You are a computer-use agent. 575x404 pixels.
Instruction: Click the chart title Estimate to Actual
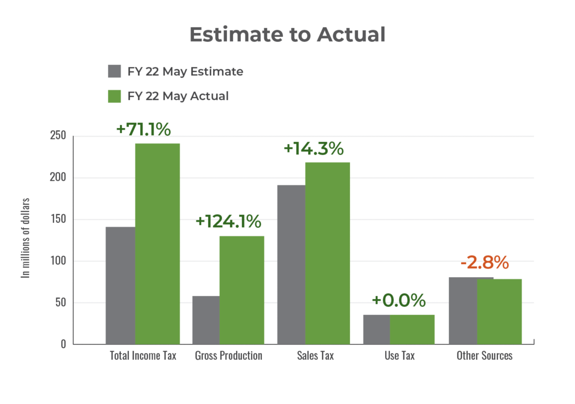coord(287,35)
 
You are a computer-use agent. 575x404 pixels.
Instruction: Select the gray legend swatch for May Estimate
coord(115,71)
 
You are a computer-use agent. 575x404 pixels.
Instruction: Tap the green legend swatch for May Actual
coord(115,96)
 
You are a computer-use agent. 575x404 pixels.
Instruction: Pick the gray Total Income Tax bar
coord(120,285)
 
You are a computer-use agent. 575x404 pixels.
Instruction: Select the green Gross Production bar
coord(242,290)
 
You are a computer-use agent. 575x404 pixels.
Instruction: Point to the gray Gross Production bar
coord(205,320)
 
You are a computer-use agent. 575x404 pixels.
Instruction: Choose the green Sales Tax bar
coord(327,253)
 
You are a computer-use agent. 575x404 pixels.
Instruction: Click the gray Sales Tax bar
coord(291,264)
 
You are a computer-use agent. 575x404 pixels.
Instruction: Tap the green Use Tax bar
coord(412,329)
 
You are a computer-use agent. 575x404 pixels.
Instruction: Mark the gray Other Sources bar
coord(463,310)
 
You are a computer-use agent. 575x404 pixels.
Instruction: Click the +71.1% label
coord(143,129)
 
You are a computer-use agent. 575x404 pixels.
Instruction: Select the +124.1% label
coord(228,221)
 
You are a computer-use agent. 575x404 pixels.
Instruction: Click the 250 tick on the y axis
coord(60,136)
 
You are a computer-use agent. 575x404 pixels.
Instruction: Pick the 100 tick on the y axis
coord(60,261)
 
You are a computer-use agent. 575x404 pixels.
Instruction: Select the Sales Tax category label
coord(315,355)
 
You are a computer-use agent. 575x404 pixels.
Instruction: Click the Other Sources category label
coord(484,355)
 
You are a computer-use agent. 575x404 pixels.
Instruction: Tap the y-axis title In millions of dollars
coord(26,238)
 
